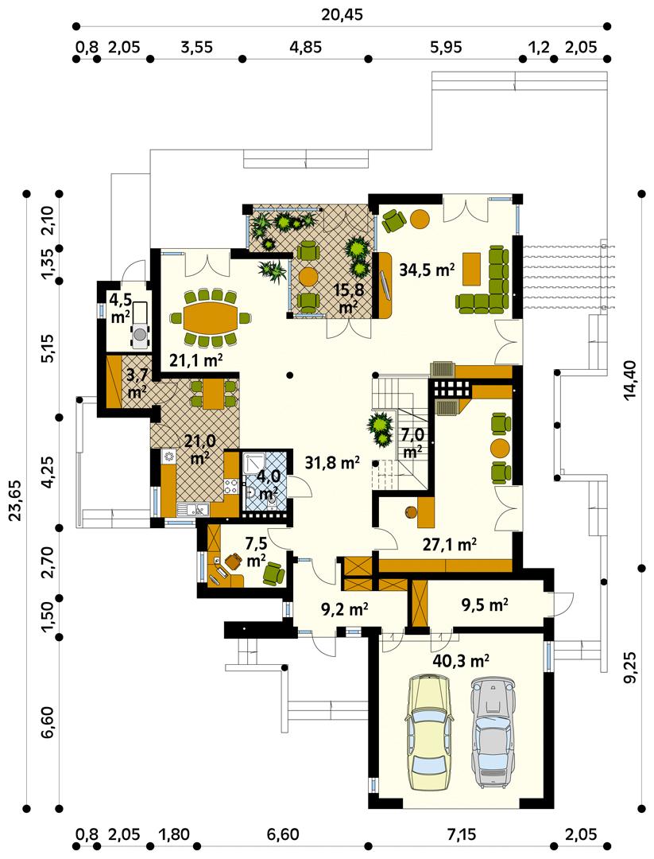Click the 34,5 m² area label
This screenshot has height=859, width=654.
(426, 270)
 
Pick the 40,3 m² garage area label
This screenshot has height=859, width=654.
(460, 659)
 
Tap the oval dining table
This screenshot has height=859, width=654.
(211, 317)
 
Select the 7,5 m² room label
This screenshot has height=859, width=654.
(256, 552)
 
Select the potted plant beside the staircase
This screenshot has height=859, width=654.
(381, 429)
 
